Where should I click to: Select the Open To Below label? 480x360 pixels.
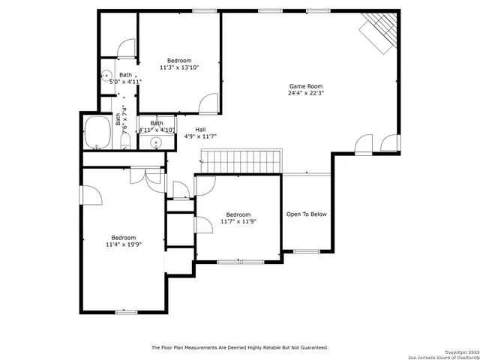(307, 214)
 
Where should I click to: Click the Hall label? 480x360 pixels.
(200, 129)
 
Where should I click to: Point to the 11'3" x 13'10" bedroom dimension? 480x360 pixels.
(179, 67)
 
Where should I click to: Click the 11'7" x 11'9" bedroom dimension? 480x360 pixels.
(238, 222)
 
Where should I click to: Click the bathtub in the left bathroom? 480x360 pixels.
(97, 133)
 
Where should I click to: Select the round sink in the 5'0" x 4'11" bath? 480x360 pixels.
(106, 76)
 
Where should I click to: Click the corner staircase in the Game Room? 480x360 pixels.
(377, 33)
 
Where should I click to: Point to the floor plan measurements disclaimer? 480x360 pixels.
(239, 347)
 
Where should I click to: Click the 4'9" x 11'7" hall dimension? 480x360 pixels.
(200, 136)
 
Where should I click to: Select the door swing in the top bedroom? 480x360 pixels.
(208, 103)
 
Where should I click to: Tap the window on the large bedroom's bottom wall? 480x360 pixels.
(126, 311)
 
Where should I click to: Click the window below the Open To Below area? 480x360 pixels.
(304, 251)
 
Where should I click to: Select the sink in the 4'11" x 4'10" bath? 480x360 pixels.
(156, 141)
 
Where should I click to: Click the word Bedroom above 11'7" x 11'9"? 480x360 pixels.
(238, 214)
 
